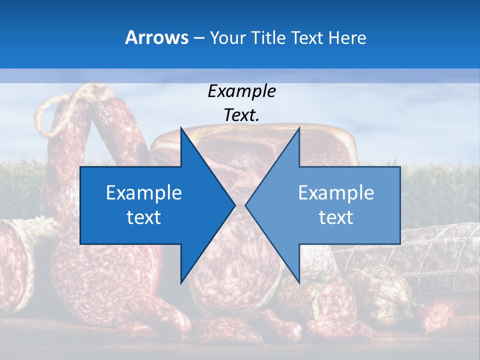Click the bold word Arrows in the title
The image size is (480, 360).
coord(157,37)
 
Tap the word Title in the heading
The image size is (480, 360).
coord(263,38)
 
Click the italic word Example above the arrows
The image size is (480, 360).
coord(241,91)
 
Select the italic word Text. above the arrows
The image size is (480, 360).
coord(241,115)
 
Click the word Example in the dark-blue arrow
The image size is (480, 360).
coord(143,193)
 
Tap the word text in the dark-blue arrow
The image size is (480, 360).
coord(143,217)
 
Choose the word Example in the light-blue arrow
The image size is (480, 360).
coord(336,193)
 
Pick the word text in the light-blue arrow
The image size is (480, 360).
coord(336,217)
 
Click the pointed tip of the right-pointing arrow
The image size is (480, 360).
coord(234,205)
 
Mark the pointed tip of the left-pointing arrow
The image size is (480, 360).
coord(246,205)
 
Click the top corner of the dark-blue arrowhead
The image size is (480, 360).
coord(181,128)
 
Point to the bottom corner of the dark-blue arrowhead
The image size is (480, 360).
coord(181,282)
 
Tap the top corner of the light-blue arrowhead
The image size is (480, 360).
coord(299,128)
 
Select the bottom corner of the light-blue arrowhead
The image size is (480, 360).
coord(299,282)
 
